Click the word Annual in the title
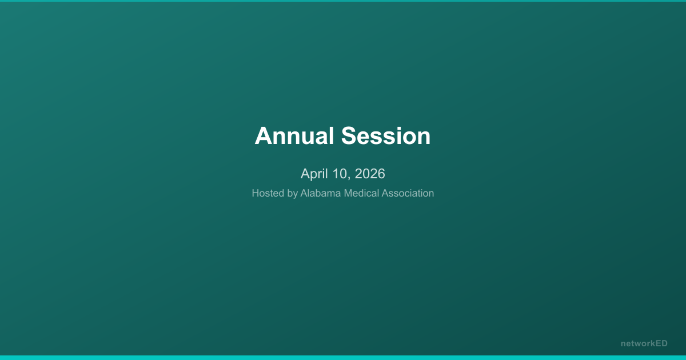coord(294,136)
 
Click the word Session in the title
coord(386,136)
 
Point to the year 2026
coord(370,174)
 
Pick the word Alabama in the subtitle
coord(321,193)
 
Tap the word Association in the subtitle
coord(408,193)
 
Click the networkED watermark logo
coord(644,343)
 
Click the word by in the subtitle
coord(292,194)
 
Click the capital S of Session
coord(349,136)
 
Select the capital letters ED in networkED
coord(661,343)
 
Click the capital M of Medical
coord(348,193)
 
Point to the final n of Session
coord(424,138)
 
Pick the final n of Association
coord(431,194)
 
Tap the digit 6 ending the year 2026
coord(381,174)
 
